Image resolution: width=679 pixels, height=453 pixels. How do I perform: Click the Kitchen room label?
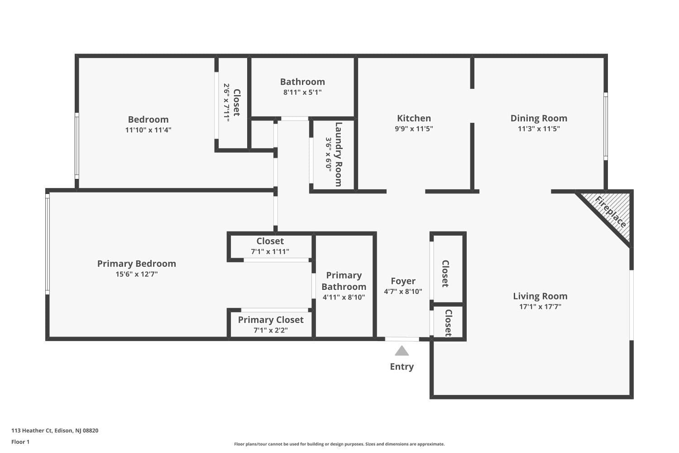point(414,118)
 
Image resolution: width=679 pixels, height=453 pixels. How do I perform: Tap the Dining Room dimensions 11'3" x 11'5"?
point(539,129)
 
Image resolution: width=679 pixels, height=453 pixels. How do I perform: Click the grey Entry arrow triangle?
point(402,351)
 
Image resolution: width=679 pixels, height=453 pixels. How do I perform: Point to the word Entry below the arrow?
point(402,366)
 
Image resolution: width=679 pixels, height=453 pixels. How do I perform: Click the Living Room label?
point(540,296)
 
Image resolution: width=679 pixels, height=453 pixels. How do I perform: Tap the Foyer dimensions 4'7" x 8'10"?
point(403,292)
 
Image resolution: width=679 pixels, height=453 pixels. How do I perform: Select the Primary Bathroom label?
point(344,281)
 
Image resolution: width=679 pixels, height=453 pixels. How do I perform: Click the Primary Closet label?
point(271,320)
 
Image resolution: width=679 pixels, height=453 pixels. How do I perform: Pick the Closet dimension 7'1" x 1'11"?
point(270,251)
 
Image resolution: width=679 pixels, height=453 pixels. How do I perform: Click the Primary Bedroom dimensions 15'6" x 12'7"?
point(137,274)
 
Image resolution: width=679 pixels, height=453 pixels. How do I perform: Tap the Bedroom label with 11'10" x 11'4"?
point(148,120)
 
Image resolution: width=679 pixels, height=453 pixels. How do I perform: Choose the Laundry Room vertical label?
point(338,154)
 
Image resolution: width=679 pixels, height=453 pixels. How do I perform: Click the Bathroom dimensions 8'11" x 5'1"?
point(302,92)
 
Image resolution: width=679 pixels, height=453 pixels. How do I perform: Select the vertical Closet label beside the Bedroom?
point(236,102)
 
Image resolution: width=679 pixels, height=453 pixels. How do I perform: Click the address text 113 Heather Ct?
point(55,430)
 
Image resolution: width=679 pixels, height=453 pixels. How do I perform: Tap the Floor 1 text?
point(20,442)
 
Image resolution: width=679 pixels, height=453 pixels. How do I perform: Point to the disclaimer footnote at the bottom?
point(339,444)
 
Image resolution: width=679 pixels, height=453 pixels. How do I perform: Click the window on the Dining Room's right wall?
point(605,126)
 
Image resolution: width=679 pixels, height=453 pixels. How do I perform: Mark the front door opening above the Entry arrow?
point(402,339)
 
